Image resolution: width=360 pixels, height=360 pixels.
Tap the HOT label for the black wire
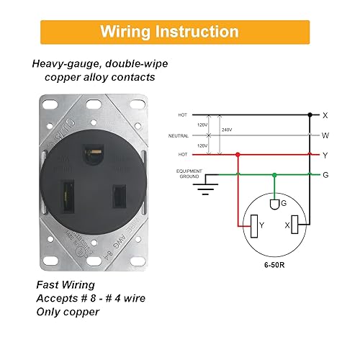pyautogui.click(x=183, y=114)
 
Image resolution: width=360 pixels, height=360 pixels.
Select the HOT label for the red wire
pyautogui.click(x=183, y=155)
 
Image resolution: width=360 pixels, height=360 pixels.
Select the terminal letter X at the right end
pyautogui.click(x=325, y=114)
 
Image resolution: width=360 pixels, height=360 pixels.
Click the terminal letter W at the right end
pyautogui.click(x=325, y=135)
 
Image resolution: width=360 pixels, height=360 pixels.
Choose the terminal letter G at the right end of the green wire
pyautogui.click(x=325, y=174)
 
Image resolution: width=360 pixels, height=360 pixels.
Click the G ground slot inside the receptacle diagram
pyautogui.click(x=274, y=206)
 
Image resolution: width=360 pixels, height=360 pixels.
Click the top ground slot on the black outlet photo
pyautogui.click(x=93, y=152)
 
